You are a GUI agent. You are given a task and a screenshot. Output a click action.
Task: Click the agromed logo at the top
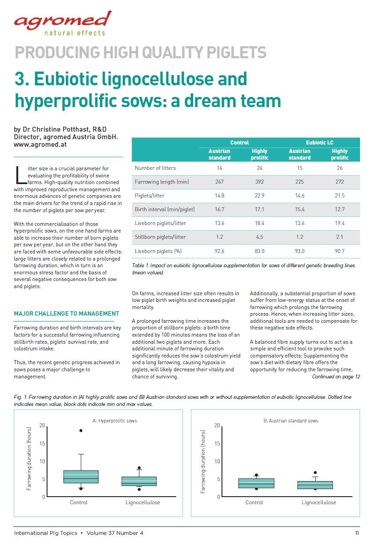[62, 23]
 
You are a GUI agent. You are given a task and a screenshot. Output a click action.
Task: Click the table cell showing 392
[259, 182]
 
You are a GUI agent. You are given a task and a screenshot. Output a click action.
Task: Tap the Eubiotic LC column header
[320, 143]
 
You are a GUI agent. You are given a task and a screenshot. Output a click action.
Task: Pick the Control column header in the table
[239, 143]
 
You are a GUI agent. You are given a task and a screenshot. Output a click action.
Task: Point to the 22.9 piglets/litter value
[259, 196]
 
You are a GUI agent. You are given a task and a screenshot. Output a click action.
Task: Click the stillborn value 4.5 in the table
[259, 237]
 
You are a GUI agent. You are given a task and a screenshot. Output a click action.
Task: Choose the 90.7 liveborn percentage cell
[340, 251]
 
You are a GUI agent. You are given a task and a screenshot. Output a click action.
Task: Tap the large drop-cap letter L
[19, 174]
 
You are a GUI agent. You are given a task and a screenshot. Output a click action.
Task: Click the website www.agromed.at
[40, 145]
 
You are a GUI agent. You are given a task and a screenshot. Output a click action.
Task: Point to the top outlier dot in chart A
[81, 430]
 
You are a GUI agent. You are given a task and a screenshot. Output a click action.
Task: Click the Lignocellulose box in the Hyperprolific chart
[139, 481]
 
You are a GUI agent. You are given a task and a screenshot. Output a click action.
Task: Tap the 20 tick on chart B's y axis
[217, 426]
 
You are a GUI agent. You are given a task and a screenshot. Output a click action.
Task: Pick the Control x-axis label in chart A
[79, 502]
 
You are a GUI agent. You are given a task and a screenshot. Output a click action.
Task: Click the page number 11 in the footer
[357, 533]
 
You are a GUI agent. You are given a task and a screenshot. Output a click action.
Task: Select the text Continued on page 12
[336, 377]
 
